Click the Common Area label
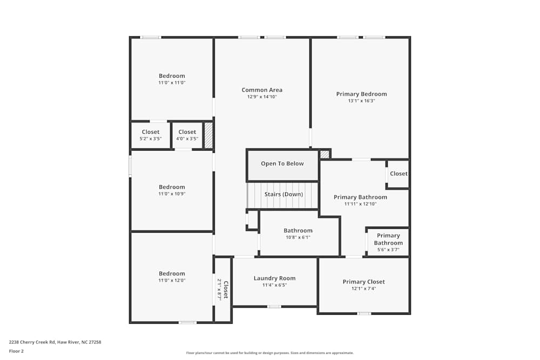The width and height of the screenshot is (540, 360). coord(262,90)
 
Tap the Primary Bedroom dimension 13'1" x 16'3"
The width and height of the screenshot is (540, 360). coord(361,101)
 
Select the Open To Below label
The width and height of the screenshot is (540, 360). coord(282,164)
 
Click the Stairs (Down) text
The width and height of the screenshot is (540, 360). coord(283,194)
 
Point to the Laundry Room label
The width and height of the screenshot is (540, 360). coord(274,278)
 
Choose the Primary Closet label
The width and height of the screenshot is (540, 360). coord(363,282)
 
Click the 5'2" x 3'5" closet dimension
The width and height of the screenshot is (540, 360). coord(151,139)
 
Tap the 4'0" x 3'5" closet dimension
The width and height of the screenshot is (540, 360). coord(187,139)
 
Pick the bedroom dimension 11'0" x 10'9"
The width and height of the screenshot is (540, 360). coord(172,194)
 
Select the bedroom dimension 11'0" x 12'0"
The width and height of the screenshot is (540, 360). coord(172,281)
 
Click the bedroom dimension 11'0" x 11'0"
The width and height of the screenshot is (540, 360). coord(172,83)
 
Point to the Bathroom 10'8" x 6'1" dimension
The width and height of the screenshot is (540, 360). coord(298,237)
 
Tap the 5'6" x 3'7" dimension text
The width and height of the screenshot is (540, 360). coord(388,250)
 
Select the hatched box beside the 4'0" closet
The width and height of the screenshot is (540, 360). coord(208,135)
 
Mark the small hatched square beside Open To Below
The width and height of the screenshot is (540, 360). coord(325,154)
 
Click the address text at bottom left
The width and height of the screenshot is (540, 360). coord(55,342)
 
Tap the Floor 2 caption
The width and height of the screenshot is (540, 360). coord(16,351)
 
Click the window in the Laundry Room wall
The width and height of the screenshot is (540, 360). coord(274,307)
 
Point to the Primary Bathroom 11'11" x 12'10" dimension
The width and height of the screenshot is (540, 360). coord(360,204)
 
